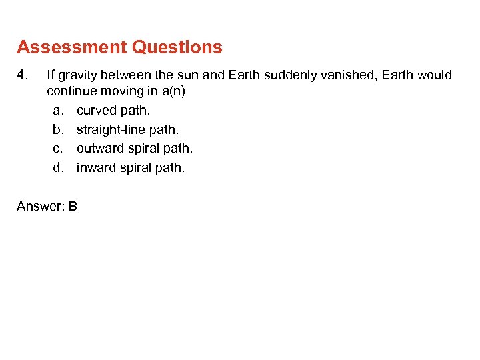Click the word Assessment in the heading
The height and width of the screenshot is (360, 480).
click(72, 48)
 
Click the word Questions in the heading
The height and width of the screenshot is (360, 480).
click(177, 48)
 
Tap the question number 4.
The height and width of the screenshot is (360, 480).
click(21, 75)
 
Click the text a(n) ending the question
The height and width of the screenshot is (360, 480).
click(171, 91)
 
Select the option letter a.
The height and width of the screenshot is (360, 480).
click(58, 111)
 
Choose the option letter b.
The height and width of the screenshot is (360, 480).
click(58, 129)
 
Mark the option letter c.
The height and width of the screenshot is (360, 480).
click(58, 149)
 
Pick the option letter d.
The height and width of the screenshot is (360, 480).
click(58, 168)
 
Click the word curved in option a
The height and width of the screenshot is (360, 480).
click(96, 111)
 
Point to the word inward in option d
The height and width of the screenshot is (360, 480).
click(95, 168)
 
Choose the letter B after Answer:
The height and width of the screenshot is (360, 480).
click(73, 207)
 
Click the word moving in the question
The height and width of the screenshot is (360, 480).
click(123, 91)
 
